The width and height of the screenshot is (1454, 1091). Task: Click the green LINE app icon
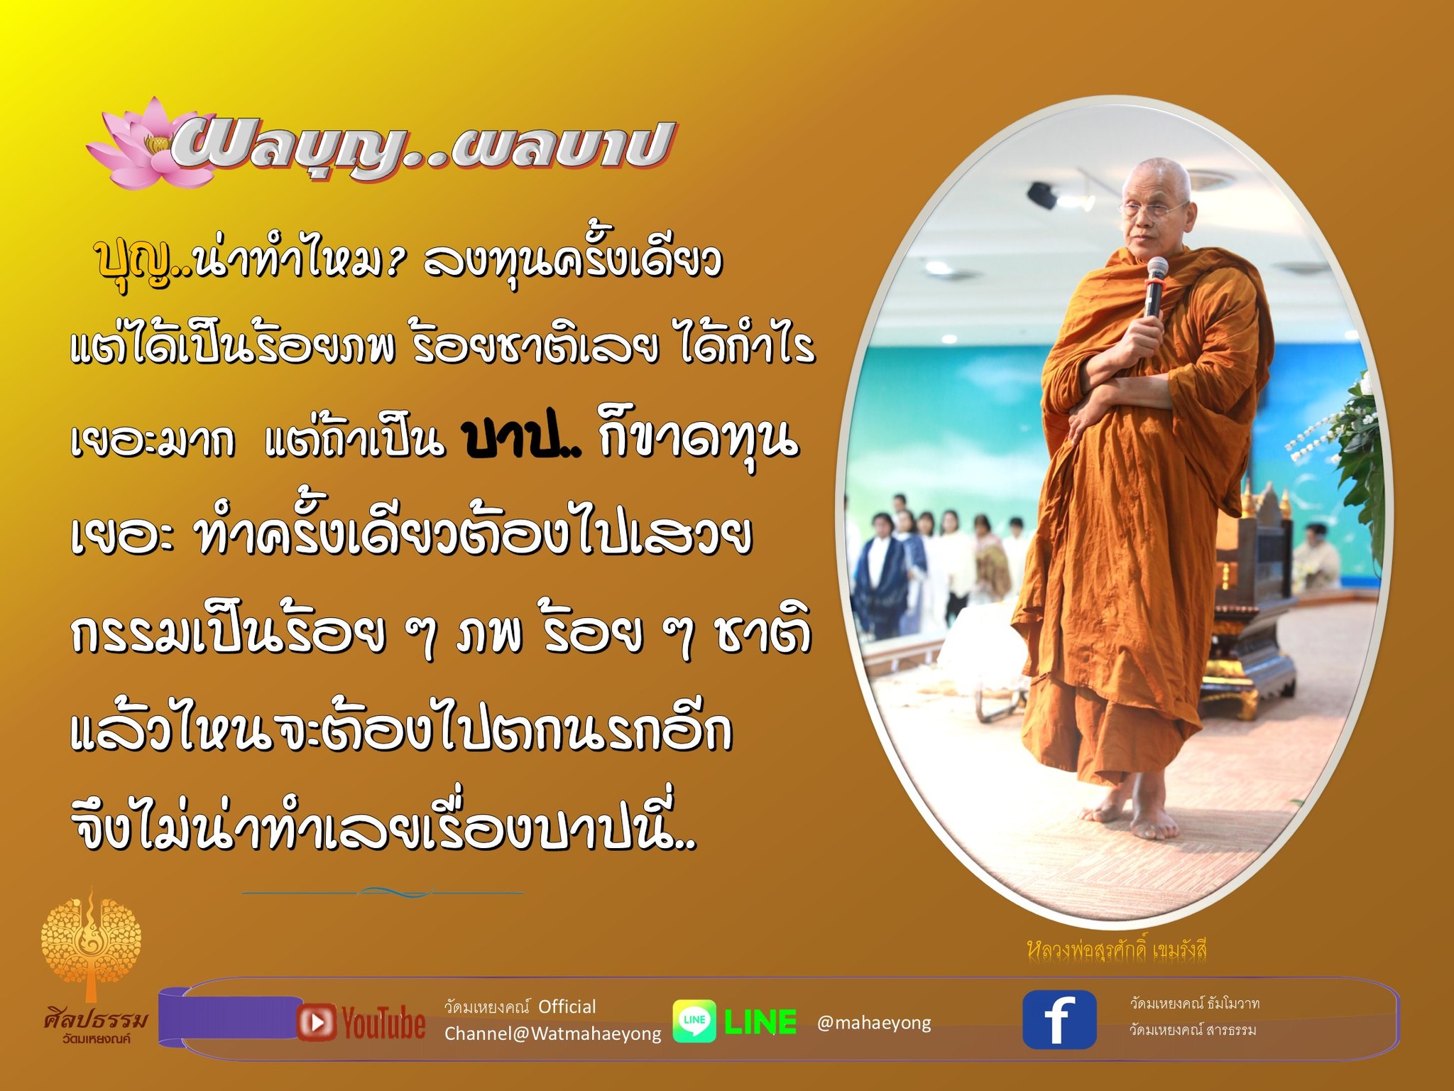coord(694,1021)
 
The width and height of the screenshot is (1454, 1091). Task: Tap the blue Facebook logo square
coord(1059,1020)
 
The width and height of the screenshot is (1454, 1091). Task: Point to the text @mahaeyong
coord(874,1023)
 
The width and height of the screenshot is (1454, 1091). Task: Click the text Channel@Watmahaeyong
coord(552,1033)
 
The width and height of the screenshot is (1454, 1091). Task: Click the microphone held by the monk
coord(1156,287)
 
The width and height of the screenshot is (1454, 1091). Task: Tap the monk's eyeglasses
coord(1154,208)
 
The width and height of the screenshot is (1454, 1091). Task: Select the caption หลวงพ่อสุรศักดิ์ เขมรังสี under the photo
coord(1117,950)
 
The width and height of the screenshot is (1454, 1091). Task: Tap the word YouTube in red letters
coord(384,1023)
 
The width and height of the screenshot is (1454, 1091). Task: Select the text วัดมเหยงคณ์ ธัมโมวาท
coord(1195,1004)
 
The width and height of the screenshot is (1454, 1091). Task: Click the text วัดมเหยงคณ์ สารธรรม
coord(1193,1030)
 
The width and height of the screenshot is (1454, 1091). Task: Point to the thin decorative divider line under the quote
coord(383,892)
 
